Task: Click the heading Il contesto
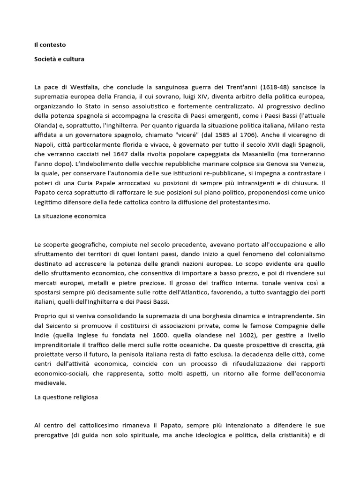pos(50,45)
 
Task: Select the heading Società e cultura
pos(59,60)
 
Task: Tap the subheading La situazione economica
pos(70,216)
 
